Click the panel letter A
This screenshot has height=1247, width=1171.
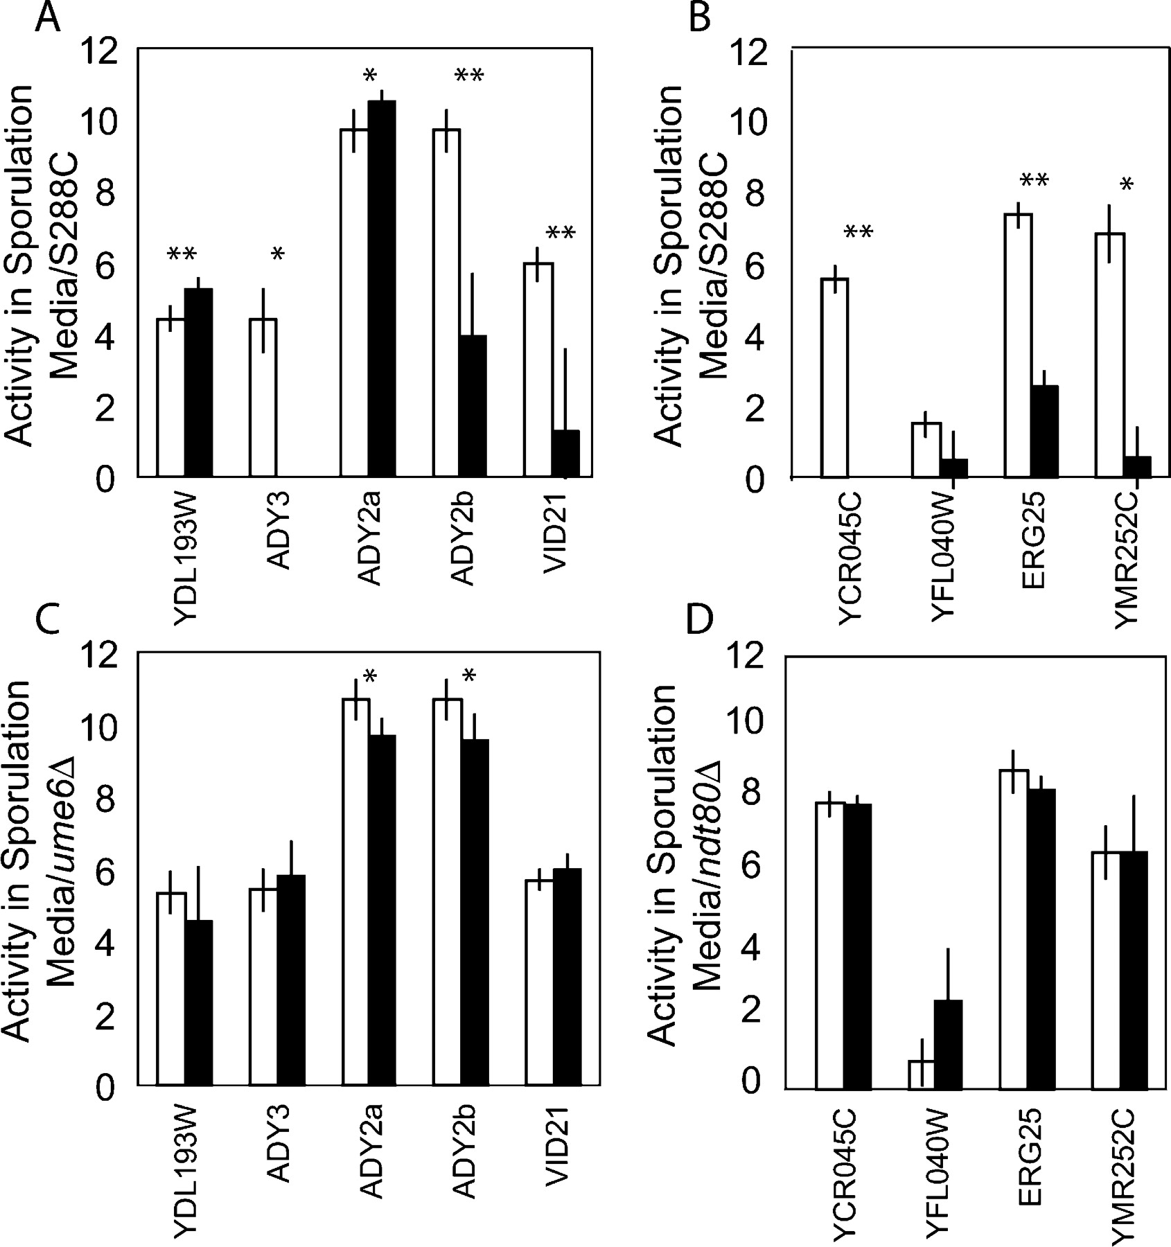click(47, 19)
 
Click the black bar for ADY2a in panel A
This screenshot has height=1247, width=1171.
click(381, 289)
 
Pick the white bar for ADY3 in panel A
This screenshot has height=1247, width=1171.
click(263, 398)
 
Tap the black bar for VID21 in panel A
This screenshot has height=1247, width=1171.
click(565, 454)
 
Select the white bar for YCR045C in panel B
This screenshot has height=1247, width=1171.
click(834, 378)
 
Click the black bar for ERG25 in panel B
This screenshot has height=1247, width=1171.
click(1044, 431)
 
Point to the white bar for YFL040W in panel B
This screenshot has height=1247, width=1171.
click(926, 450)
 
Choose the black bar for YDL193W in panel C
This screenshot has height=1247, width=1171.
click(198, 1002)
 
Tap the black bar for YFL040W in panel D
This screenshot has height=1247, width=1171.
click(947, 1044)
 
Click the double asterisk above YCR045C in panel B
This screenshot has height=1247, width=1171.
click(857, 231)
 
